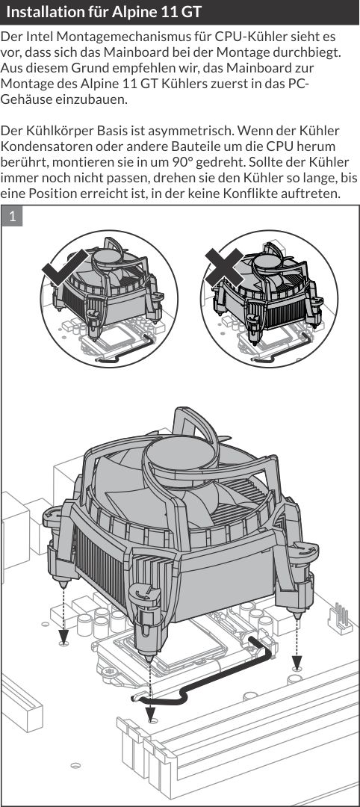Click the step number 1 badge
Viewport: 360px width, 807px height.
(x=13, y=217)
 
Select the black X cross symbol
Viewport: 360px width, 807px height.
(x=224, y=267)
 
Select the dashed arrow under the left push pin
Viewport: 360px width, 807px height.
(x=63, y=616)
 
